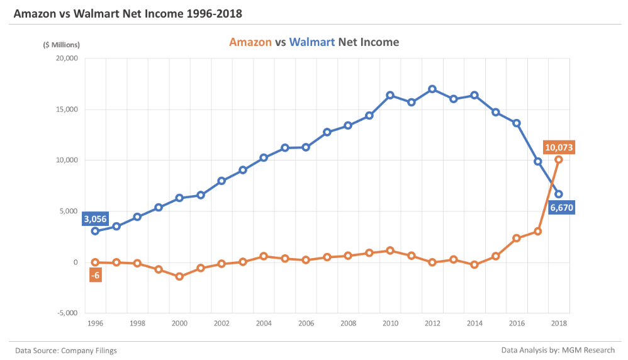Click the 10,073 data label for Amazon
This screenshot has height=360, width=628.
(559, 147)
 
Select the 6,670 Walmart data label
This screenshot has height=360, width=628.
(561, 208)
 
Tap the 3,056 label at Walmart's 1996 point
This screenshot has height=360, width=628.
(95, 219)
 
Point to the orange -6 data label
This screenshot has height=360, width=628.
(95, 275)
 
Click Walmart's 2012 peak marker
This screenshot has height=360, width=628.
(432, 89)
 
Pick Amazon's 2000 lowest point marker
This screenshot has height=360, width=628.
(179, 276)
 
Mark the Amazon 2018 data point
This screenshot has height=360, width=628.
(559, 159)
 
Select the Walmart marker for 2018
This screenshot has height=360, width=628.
(559, 194)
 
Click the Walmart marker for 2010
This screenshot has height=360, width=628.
(390, 95)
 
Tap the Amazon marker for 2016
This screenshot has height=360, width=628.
(517, 238)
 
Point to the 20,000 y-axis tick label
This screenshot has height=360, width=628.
(65, 59)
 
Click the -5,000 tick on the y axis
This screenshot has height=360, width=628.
(65, 313)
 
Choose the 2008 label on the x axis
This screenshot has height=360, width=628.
(348, 323)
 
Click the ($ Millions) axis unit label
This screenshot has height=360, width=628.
(62, 45)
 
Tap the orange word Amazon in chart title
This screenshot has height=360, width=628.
(250, 42)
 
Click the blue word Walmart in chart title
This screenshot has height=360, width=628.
(311, 42)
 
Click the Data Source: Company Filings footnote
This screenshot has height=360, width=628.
(66, 350)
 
